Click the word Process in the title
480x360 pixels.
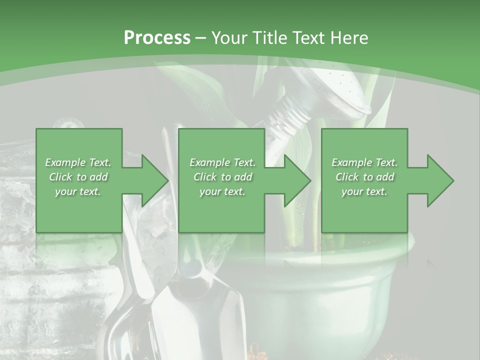click(157, 38)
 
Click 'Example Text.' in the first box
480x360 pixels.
click(78, 162)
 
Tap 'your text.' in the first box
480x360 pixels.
click(78, 191)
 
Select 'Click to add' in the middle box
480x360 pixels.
click(222, 177)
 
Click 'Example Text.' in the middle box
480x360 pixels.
click(222, 162)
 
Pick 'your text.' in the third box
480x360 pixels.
click(364, 191)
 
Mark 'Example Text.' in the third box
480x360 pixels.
click(364, 162)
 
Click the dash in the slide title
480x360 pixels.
click(201, 38)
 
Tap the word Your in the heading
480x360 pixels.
click(230, 38)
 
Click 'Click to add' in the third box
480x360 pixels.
click(364, 177)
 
